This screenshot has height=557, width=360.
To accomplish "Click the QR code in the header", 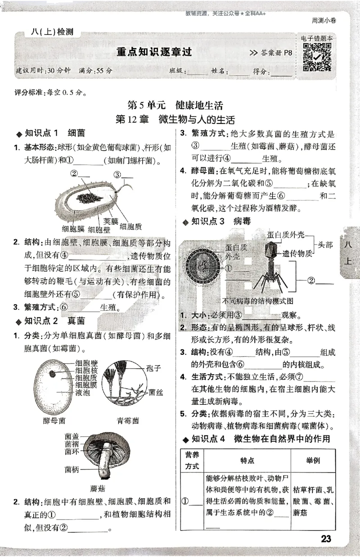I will click(x=317, y=58).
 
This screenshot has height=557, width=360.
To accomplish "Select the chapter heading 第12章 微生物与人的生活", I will click(x=175, y=120).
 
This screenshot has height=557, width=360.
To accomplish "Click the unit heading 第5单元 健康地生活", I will click(x=175, y=106).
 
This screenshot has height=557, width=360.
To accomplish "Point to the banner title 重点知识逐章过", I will click(x=154, y=52).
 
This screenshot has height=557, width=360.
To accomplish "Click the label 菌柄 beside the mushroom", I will click(x=72, y=470).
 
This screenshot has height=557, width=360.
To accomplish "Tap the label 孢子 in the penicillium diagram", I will click(x=153, y=367).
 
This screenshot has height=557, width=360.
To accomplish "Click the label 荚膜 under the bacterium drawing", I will click(x=111, y=221).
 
